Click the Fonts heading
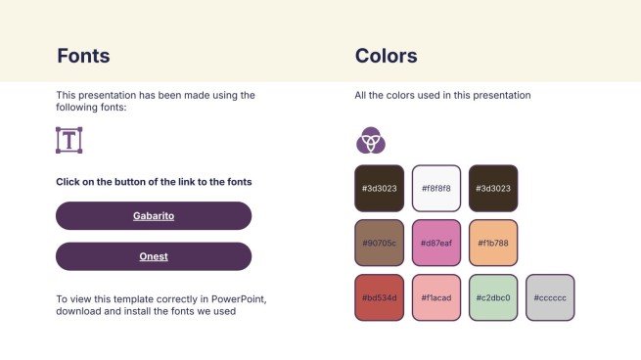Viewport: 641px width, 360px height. pos(83,56)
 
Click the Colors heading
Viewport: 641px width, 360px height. pos(386,56)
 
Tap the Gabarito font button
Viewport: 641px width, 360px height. pos(154,216)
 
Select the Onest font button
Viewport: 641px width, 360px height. pos(154,256)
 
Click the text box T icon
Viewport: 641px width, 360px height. pos(69,140)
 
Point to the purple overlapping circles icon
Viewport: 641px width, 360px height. pos(371,140)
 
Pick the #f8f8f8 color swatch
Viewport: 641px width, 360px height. pos(436,189)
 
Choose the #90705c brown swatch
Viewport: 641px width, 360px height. pos(380,243)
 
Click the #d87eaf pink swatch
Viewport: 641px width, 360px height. pos(436,243)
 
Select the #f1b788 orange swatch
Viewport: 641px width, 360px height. pos(493,243)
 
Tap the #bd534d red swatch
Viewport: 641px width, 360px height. pos(380,297)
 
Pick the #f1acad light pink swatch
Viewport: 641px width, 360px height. pos(436,297)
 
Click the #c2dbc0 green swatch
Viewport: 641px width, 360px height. pos(493,297)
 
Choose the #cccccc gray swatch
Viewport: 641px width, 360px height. pos(550,297)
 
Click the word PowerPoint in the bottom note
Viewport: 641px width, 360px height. pos(239,299)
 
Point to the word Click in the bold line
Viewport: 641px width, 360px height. pos(68,182)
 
